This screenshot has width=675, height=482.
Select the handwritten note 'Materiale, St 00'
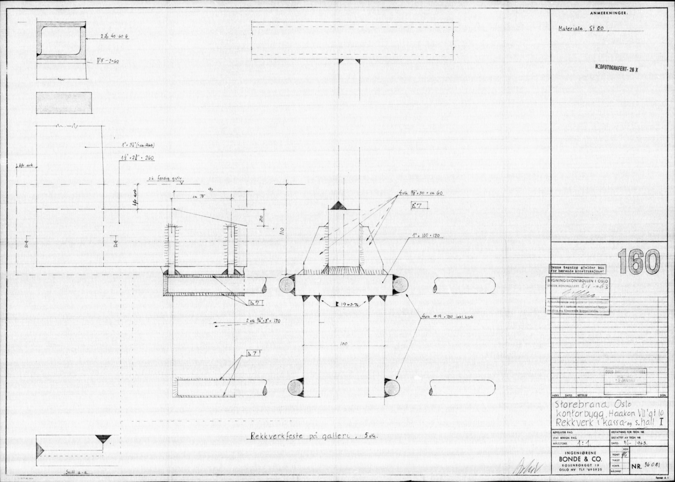(581, 29)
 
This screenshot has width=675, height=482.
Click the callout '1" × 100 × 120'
(426, 235)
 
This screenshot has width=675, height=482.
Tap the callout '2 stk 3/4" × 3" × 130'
(263, 321)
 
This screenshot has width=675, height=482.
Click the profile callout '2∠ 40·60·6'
(114, 37)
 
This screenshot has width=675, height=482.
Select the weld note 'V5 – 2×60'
(108, 61)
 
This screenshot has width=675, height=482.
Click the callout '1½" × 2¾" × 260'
(137, 157)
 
